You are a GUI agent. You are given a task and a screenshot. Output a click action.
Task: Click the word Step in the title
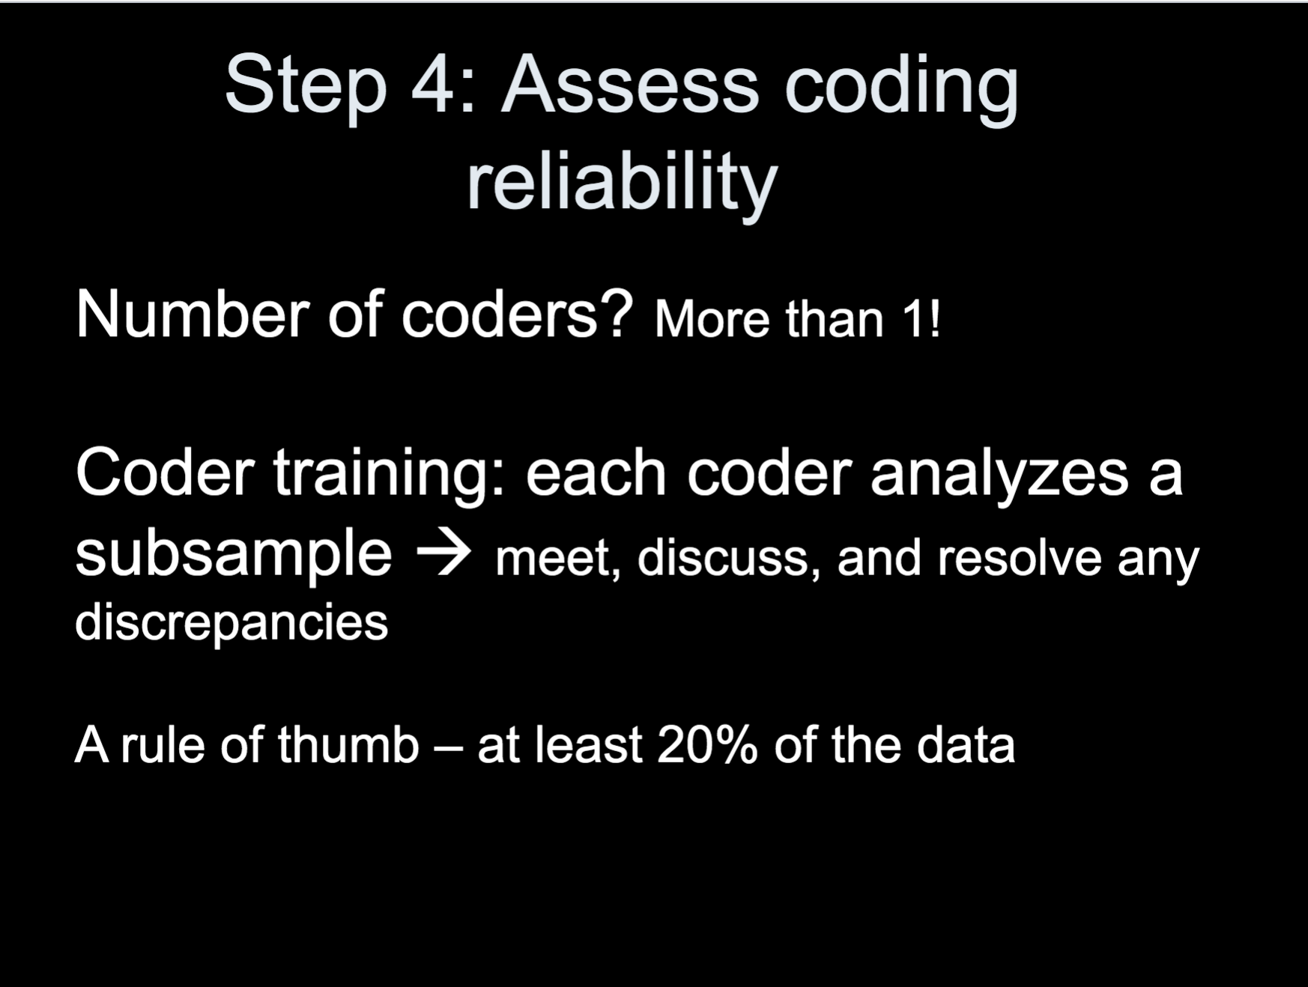(x=306, y=85)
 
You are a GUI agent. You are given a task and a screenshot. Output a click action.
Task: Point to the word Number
(x=192, y=314)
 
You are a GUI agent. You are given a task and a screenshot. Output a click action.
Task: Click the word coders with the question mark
(x=518, y=314)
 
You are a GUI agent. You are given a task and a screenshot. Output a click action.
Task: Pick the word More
(x=712, y=320)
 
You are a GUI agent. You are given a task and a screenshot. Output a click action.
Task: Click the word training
(x=389, y=474)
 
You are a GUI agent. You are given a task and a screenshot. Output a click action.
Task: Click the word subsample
(x=234, y=555)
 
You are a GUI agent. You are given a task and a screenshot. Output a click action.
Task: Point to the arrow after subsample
(x=443, y=555)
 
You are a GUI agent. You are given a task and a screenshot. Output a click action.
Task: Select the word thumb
(x=348, y=745)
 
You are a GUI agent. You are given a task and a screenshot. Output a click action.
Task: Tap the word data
(x=966, y=745)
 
